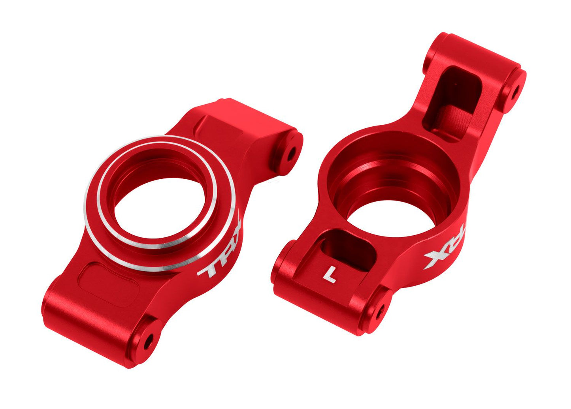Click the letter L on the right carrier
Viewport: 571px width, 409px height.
(330, 274)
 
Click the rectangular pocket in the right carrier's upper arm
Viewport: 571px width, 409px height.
(452, 103)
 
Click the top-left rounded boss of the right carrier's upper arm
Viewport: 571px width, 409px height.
(435, 51)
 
